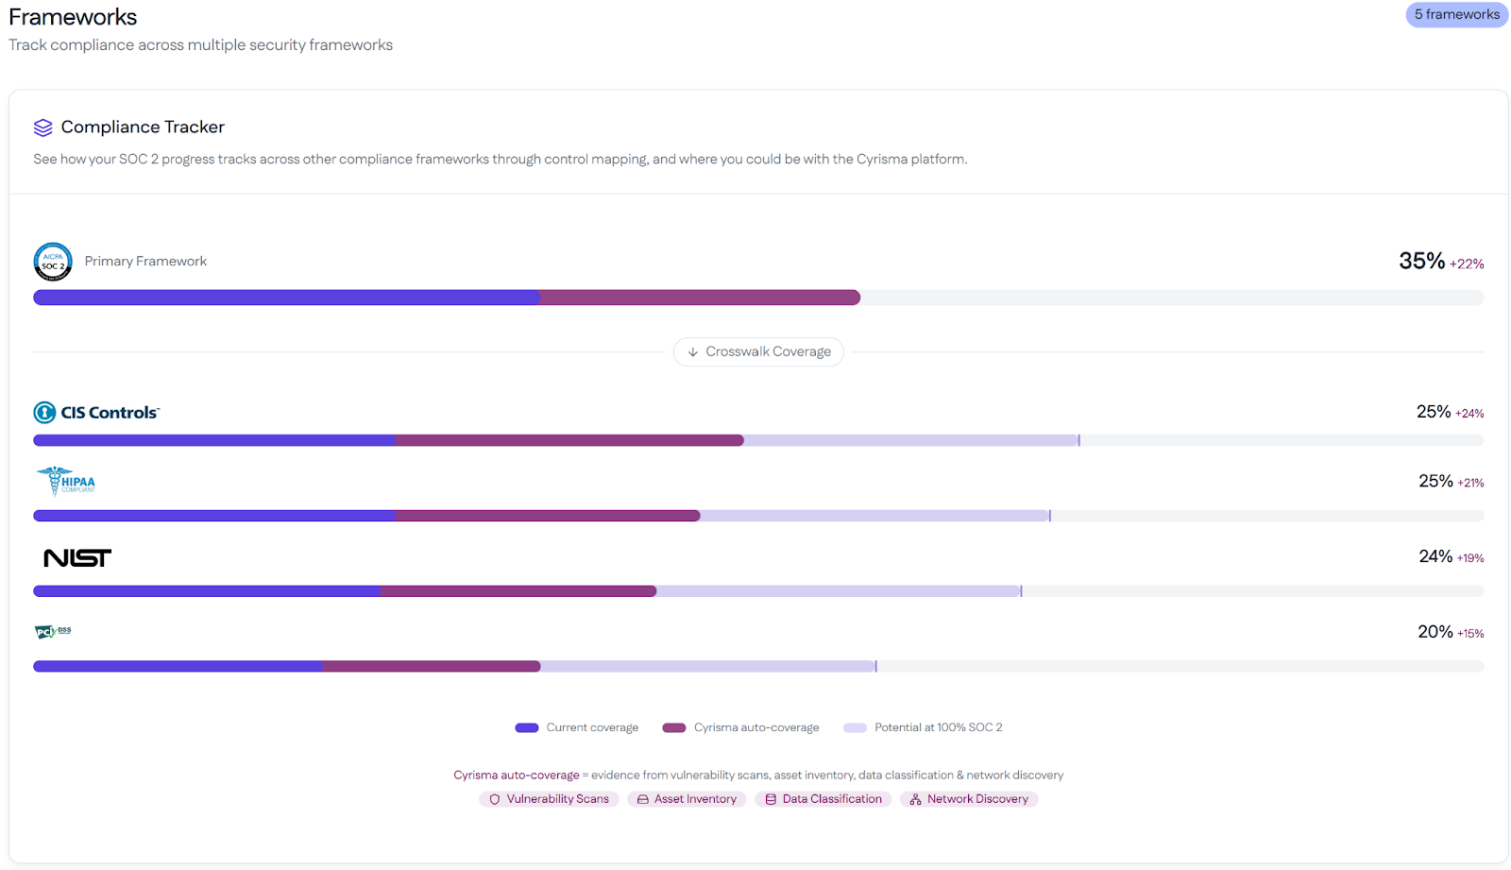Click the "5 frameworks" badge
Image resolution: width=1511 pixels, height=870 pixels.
click(1456, 14)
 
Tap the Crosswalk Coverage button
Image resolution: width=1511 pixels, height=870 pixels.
click(758, 351)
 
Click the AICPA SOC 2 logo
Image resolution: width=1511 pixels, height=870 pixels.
click(53, 262)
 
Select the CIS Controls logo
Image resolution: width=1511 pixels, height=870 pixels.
click(96, 413)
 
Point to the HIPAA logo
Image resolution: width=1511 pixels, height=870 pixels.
click(66, 481)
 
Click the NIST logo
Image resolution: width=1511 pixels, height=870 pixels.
click(77, 558)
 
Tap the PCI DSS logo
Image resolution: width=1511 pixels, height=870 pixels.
click(53, 631)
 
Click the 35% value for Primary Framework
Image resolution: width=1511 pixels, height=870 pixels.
click(1421, 261)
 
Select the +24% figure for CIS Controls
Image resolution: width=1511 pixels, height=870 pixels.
click(1469, 414)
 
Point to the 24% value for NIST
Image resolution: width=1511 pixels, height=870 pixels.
click(1435, 556)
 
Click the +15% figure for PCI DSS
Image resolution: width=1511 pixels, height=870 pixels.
click(1470, 634)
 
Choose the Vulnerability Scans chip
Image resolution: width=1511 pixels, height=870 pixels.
click(549, 799)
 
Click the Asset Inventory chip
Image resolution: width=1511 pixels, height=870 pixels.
click(687, 799)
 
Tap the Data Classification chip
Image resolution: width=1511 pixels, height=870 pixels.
click(823, 799)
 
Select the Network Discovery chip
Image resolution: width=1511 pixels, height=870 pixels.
click(969, 799)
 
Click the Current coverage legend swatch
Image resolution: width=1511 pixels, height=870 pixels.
click(527, 727)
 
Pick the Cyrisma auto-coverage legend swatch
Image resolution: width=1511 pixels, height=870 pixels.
click(674, 727)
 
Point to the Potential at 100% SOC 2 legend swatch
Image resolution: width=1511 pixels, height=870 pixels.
click(855, 727)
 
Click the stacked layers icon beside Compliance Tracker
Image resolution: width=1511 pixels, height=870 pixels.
click(42, 128)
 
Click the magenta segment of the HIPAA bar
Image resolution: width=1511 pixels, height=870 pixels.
click(548, 516)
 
